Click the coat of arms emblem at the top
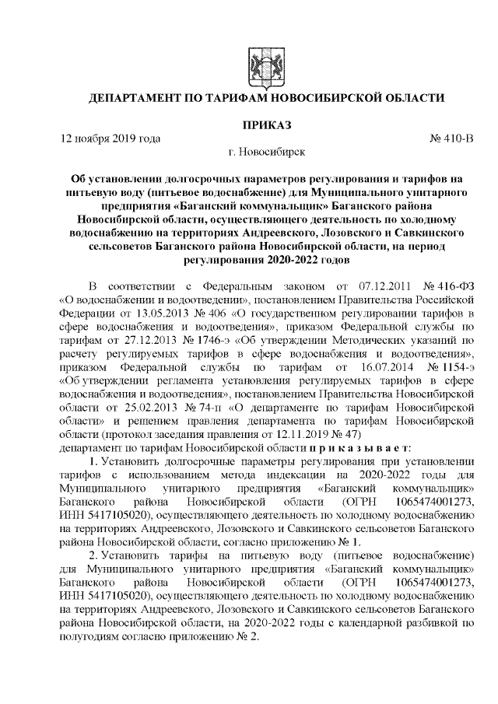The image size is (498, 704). [x=256, y=61]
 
